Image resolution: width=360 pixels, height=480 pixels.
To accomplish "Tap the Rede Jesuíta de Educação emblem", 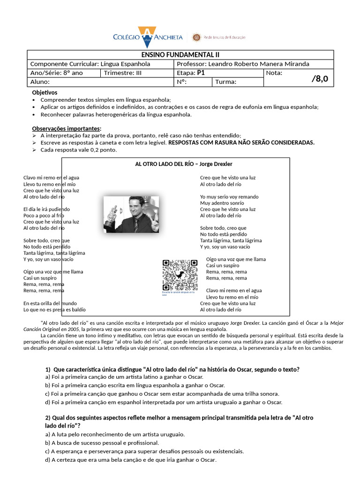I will click(x=196, y=37).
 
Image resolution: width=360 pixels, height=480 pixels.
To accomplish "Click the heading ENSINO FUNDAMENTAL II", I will click(x=180, y=55).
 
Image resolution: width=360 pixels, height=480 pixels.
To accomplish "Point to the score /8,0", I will click(x=320, y=79).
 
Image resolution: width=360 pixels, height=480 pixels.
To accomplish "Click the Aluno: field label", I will click(x=40, y=82).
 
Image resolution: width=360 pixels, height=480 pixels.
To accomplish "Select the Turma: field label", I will click(x=225, y=82).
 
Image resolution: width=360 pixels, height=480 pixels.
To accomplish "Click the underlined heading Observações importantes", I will click(x=66, y=128).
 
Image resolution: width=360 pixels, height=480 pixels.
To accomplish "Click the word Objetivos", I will click(x=45, y=93).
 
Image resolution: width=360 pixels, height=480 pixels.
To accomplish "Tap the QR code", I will click(x=180, y=275).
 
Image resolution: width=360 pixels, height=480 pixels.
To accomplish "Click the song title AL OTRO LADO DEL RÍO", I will click(x=166, y=164).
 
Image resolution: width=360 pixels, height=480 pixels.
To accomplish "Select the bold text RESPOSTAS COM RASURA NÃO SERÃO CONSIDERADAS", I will click(x=241, y=142).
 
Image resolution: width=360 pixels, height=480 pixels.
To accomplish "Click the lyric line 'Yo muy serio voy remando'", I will click(x=229, y=197).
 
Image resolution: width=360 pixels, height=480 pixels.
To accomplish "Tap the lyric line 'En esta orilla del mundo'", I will click(x=50, y=303).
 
